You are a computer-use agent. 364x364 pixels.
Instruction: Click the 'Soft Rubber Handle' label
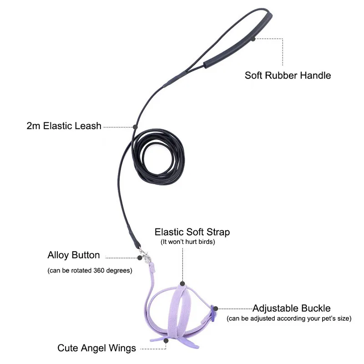click(x=288, y=75)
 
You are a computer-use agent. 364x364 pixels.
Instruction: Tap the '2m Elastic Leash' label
click(x=64, y=126)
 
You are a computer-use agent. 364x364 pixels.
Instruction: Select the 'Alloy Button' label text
click(x=73, y=255)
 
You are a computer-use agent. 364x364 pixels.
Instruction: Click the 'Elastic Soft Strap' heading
click(x=192, y=232)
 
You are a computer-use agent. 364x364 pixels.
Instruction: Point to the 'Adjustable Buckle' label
click(x=292, y=308)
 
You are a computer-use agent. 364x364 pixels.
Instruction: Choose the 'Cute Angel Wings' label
click(x=96, y=349)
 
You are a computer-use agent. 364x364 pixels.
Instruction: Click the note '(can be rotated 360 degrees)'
click(x=90, y=270)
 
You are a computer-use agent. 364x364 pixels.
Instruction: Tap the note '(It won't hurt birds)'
click(x=187, y=242)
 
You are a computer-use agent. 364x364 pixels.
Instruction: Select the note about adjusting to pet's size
click(x=289, y=318)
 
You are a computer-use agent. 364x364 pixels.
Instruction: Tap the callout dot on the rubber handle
click(x=253, y=39)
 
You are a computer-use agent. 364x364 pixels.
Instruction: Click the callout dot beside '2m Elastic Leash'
click(x=135, y=126)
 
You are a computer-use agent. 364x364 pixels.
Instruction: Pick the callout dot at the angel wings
click(x=166, y=340)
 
